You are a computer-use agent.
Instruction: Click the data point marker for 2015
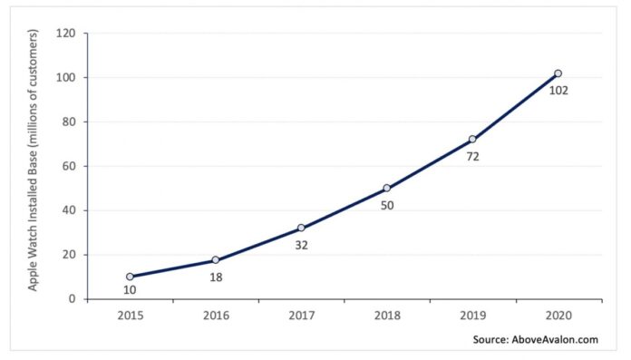point(130,277)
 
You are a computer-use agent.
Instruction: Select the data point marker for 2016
point(216,260)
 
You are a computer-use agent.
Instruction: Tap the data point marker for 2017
point(301,229)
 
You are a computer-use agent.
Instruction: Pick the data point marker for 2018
point(387,189)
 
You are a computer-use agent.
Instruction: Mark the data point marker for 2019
point(472,140)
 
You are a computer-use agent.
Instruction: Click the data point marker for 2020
point(558,73)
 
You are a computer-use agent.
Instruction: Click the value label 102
point(559,91)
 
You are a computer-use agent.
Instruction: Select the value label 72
point(472,157)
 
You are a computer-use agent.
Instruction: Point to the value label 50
point(387,206)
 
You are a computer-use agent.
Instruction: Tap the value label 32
point(301,245)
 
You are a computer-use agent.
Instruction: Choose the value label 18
point(216,277)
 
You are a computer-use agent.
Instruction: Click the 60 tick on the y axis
point(70,166)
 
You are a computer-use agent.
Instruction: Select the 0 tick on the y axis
point(73,299)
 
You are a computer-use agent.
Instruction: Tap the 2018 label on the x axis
point(387,317)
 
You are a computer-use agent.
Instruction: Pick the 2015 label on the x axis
point(130,317)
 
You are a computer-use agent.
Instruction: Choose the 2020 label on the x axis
point(558,317)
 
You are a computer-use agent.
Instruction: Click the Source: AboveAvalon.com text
point(533,340)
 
